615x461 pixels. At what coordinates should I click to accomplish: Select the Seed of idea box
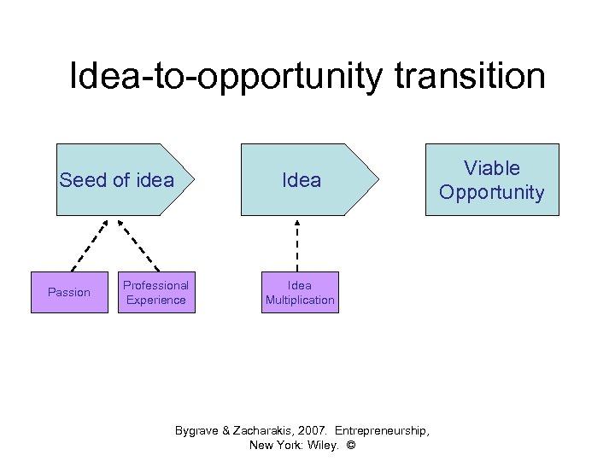coord(120,179)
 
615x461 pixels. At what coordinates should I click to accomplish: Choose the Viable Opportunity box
coord(491,179)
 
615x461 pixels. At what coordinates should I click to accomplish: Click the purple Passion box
coord(69,293)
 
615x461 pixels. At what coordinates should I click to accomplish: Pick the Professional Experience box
coord(155,293)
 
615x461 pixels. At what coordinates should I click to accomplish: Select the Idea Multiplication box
coord(300,293)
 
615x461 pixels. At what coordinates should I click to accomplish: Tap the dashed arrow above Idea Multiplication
coord(298,243)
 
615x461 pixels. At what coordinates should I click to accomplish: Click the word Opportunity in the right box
coord(491,192)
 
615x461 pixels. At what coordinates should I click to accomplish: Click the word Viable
coord(491,168)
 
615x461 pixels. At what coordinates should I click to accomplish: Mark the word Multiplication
coord(300,301)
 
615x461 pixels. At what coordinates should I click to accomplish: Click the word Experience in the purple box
coord(155,301)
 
